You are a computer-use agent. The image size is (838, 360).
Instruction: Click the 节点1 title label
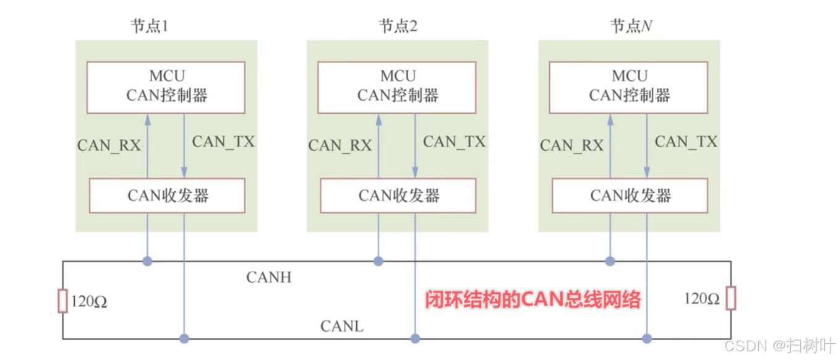point(148,26)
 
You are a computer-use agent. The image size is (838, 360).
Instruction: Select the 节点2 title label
point(398,26)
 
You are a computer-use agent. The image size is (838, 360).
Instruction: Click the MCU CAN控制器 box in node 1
point(166,87)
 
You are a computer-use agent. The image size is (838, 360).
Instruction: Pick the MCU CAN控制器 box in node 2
point(397,87)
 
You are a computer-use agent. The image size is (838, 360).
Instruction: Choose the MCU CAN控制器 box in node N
point(628,87)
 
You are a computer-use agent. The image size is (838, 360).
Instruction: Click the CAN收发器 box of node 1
point(167,195)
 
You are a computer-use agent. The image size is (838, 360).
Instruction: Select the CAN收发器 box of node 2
point(398,195)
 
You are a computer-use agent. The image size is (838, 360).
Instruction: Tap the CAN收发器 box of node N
point(630,195)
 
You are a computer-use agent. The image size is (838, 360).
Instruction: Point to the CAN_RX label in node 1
point(109,145)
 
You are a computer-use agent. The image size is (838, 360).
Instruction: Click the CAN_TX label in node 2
point(455,142)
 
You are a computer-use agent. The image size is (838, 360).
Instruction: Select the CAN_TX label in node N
point(686,142)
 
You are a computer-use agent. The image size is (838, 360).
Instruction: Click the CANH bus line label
point(268,277)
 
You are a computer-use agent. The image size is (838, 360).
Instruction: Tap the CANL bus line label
point(341,326)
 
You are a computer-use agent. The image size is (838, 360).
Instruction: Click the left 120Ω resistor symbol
point(62,301)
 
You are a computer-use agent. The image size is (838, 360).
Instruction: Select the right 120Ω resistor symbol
point(731,298)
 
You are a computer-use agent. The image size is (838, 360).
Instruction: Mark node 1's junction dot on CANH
point(147,261)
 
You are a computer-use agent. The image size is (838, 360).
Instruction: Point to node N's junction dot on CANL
point(647,338)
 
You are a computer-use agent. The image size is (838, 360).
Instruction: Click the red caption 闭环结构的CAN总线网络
point(532,300)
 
